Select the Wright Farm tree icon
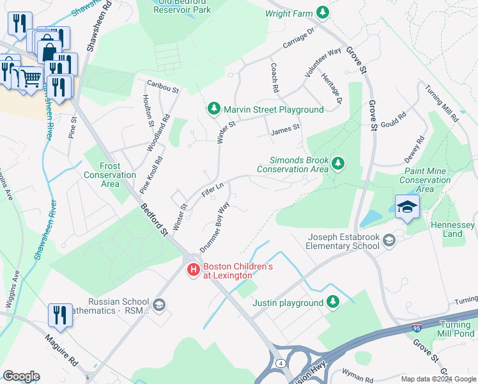(324, 12)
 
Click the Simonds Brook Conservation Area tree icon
(338, 164)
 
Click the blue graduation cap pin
(407, 207)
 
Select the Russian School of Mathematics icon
(159, 306)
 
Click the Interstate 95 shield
(417, 328)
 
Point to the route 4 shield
(279, 364)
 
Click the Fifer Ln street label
(212, 191)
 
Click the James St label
(285, 129)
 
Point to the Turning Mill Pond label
(456, 329)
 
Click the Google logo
(21, 376)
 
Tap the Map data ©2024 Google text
(438, 379)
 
